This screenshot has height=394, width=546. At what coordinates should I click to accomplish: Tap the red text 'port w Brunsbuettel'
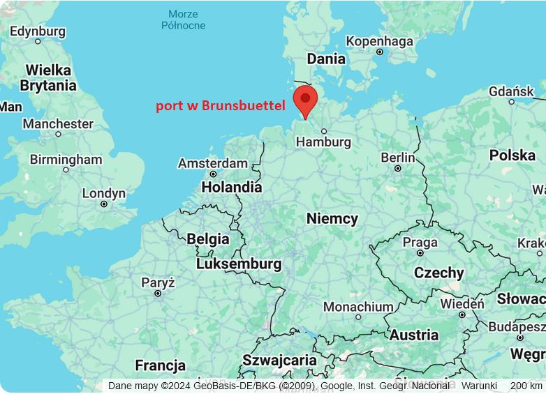pyautogui.click(x=220, y=106)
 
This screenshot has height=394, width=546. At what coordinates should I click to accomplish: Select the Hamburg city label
pyautogui.click(x=323, y=142)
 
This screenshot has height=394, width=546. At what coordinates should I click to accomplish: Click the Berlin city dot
pyautogui.click(x=398, y=168)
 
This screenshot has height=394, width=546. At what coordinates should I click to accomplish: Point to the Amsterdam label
pyautogui.click(x=212, y=163)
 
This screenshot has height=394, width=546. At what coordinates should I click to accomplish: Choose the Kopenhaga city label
pyautogui.click(x=379, y=41)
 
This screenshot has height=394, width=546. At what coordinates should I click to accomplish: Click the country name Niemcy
pyautogui.click(x=332, y=218)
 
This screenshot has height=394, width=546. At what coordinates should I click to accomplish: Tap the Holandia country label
pyautogui.click(x=231, y=187)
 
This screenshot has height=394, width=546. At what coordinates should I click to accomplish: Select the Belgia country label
pyautogui.click(x=207, y=238)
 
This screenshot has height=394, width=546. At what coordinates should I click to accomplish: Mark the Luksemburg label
pyautogui.click(x=239, y=264)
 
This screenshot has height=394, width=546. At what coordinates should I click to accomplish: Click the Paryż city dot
pyautogui.click(x=158, y=294)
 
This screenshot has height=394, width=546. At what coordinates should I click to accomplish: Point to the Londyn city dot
pyautogui.click(x=104, y=204)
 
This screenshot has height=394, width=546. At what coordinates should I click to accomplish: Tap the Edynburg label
pyautogui.click(x=37, y=31)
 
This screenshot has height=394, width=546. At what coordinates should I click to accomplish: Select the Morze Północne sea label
pyautogui.click(x=183, y=20)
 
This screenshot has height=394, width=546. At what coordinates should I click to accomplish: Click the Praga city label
pyautogui.click(x=420, y=243)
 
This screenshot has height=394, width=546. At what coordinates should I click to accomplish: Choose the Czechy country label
pyautogui.click(x=438, y=273)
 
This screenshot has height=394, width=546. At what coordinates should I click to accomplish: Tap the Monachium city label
pyautogui.click(x=358, y=307)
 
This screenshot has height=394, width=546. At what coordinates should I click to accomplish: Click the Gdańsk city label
pyautogui.click(x=511, y=91)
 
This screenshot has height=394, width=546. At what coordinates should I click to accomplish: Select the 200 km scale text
pyautogui.click(x=526, y=386)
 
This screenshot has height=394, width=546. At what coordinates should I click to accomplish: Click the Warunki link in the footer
pyautogui.click(x=479, y=386)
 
